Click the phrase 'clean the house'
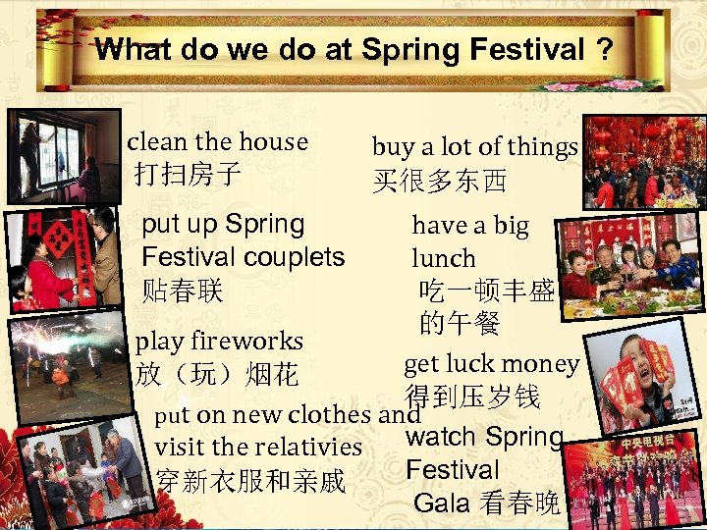pos(217,142)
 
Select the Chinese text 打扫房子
pos(188,176)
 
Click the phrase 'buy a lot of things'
pos(474,147)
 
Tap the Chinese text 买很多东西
pos(439,182)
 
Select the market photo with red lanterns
pos(643,160)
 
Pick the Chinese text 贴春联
pos(183,291)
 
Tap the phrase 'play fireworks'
pos(219,342)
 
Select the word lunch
pos(443,259)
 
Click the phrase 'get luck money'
pos(491,364)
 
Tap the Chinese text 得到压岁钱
pos(473,397)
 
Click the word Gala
pos(443,503)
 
